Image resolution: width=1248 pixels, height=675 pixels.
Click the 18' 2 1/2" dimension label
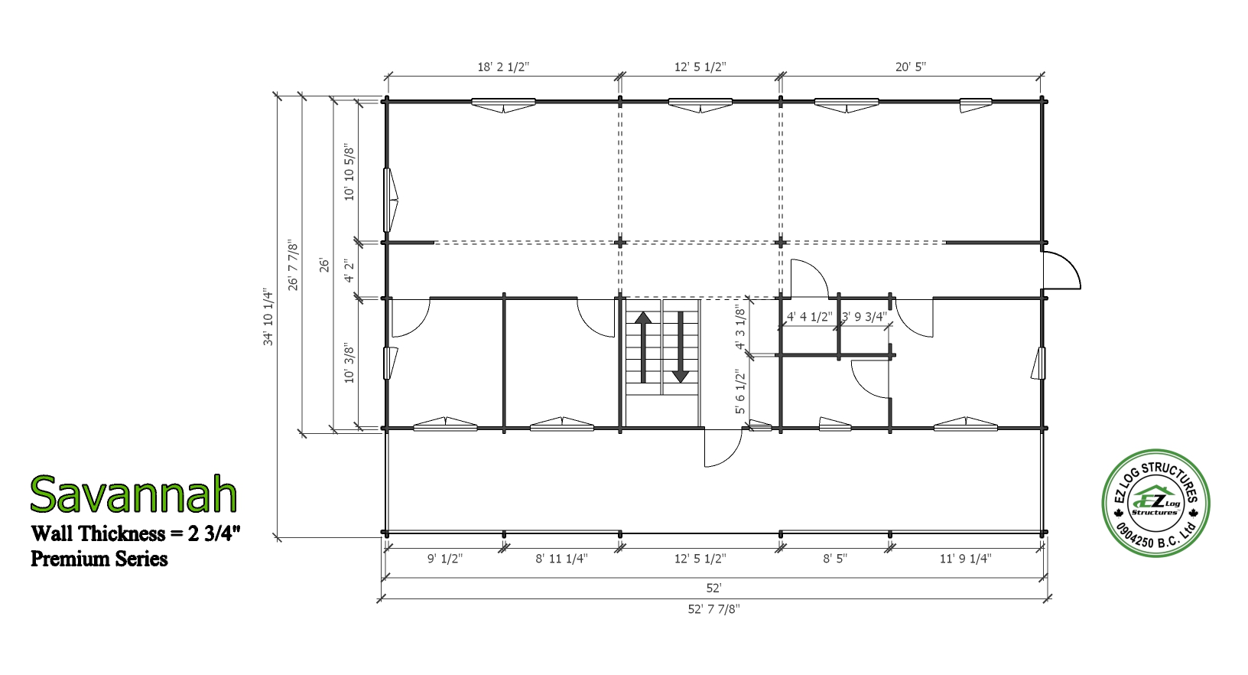click(x=503, y=67)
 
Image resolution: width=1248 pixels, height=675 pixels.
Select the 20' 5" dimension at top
click(x=910, y=67)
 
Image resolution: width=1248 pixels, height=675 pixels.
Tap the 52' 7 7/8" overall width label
click(x=713, y=609)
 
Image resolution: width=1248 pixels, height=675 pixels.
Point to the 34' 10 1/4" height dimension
click(x=268, y=318)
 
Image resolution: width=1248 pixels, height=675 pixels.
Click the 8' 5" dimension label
click(x=834, y=559)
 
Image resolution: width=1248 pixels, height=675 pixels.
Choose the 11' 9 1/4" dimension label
click(x=966, y=559)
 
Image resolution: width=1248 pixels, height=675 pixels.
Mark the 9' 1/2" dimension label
click(x=444, y=559)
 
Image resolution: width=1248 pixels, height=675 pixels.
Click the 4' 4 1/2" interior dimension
click(x=809, y=317)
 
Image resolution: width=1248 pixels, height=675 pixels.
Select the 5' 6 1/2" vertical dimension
click(x=740, y=391)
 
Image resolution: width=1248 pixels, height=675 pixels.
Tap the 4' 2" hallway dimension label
click(x=349, y=270)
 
